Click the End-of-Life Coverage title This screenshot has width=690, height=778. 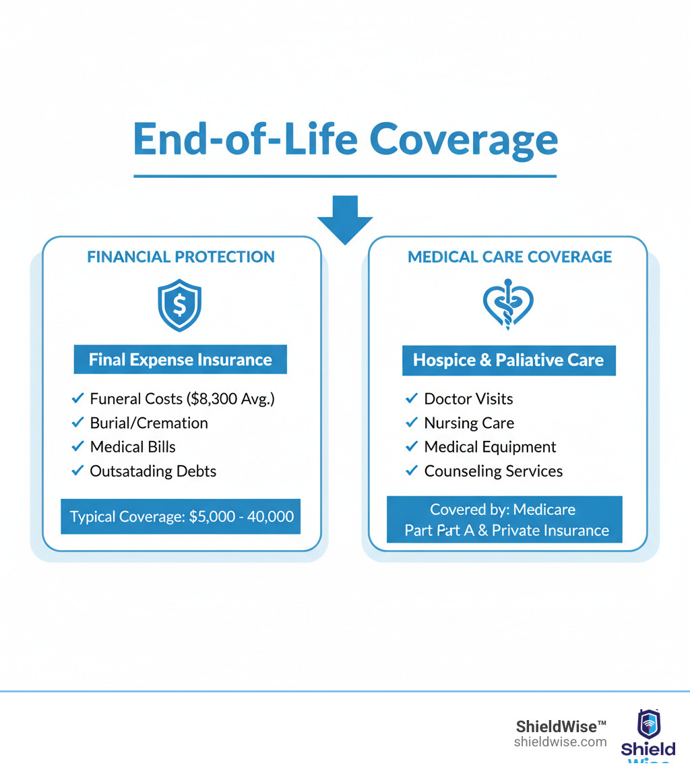[345, 140]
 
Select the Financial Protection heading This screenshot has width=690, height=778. [181, 257]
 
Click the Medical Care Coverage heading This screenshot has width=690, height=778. [509, 257]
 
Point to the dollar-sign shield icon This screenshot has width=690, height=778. [179, 305]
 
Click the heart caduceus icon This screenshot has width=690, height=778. [509, 305]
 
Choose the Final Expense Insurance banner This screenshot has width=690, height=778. [180, 360]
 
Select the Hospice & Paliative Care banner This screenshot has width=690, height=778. [509, 361]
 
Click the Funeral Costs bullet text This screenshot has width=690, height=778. [182, 399]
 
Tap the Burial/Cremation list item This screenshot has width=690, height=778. [149, 423]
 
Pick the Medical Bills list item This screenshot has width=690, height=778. [133, 447]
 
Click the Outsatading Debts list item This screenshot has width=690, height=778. [153, 471]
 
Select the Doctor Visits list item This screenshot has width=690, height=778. [468, 399]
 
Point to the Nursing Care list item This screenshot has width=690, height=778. [469, 423]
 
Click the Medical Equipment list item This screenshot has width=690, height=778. [490, 447]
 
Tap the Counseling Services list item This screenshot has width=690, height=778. [493, 471]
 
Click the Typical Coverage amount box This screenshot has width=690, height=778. [181, 516]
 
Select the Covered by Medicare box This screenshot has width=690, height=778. [504, 519]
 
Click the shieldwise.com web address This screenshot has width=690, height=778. [560, 742]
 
